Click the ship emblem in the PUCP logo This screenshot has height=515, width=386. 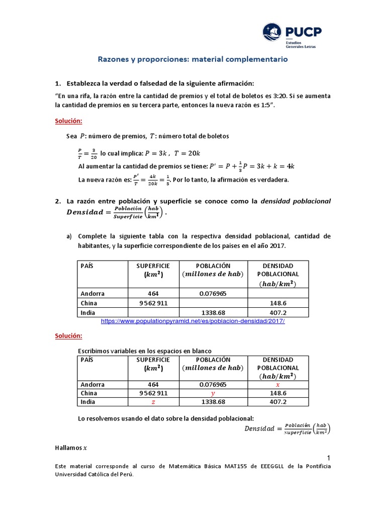pos(273,33)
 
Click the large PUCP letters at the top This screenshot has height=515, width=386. pos(304,32)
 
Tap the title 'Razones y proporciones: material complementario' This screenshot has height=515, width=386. pos(192,59)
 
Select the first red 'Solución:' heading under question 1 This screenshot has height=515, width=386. pos(68,121)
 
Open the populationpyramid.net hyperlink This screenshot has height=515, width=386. pos(193,321)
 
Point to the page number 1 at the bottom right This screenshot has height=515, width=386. pos(328,457)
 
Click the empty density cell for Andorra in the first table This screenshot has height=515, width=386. pos(278,294)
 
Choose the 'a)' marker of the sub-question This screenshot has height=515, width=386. pos(69,236)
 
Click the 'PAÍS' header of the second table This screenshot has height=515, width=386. pos(87,360)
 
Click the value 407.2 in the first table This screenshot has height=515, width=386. pos(278,312)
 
